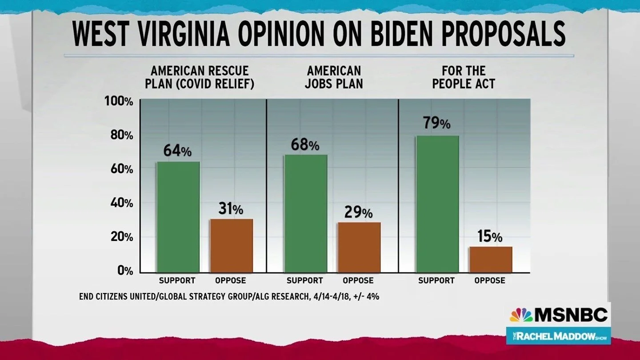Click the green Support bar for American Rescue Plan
click(x=178, y=217)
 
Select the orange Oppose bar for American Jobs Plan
click(x=359, y=247)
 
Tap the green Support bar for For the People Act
click(x=437, y=204)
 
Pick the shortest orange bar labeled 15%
click(x=491, y=260)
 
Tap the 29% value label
click(x=358, y=212)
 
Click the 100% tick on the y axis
click(x=119, y=102)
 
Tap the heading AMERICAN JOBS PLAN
click(x=334, y=77)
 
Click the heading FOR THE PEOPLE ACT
click(x=464, y=77)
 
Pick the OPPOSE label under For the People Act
click(x=490, y=281)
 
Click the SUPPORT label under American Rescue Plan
click(x=177, y=281)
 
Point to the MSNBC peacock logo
click(x=521, y=315)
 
